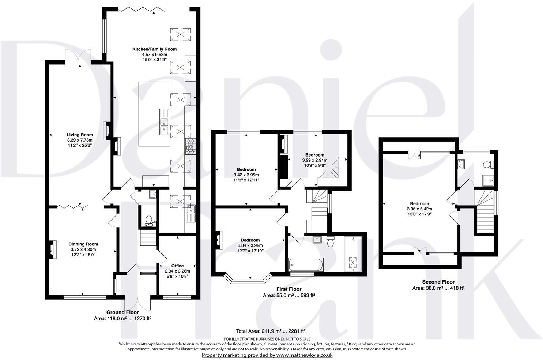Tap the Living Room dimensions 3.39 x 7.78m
80,140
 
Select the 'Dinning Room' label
83,244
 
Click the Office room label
177,266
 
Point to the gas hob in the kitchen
190,146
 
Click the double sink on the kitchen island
163,122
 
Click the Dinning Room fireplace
52,250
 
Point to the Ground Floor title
122,312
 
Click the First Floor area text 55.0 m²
289,295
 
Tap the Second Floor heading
438,282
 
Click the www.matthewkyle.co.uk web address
304,355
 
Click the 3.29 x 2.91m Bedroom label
314,160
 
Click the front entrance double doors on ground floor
138,302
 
